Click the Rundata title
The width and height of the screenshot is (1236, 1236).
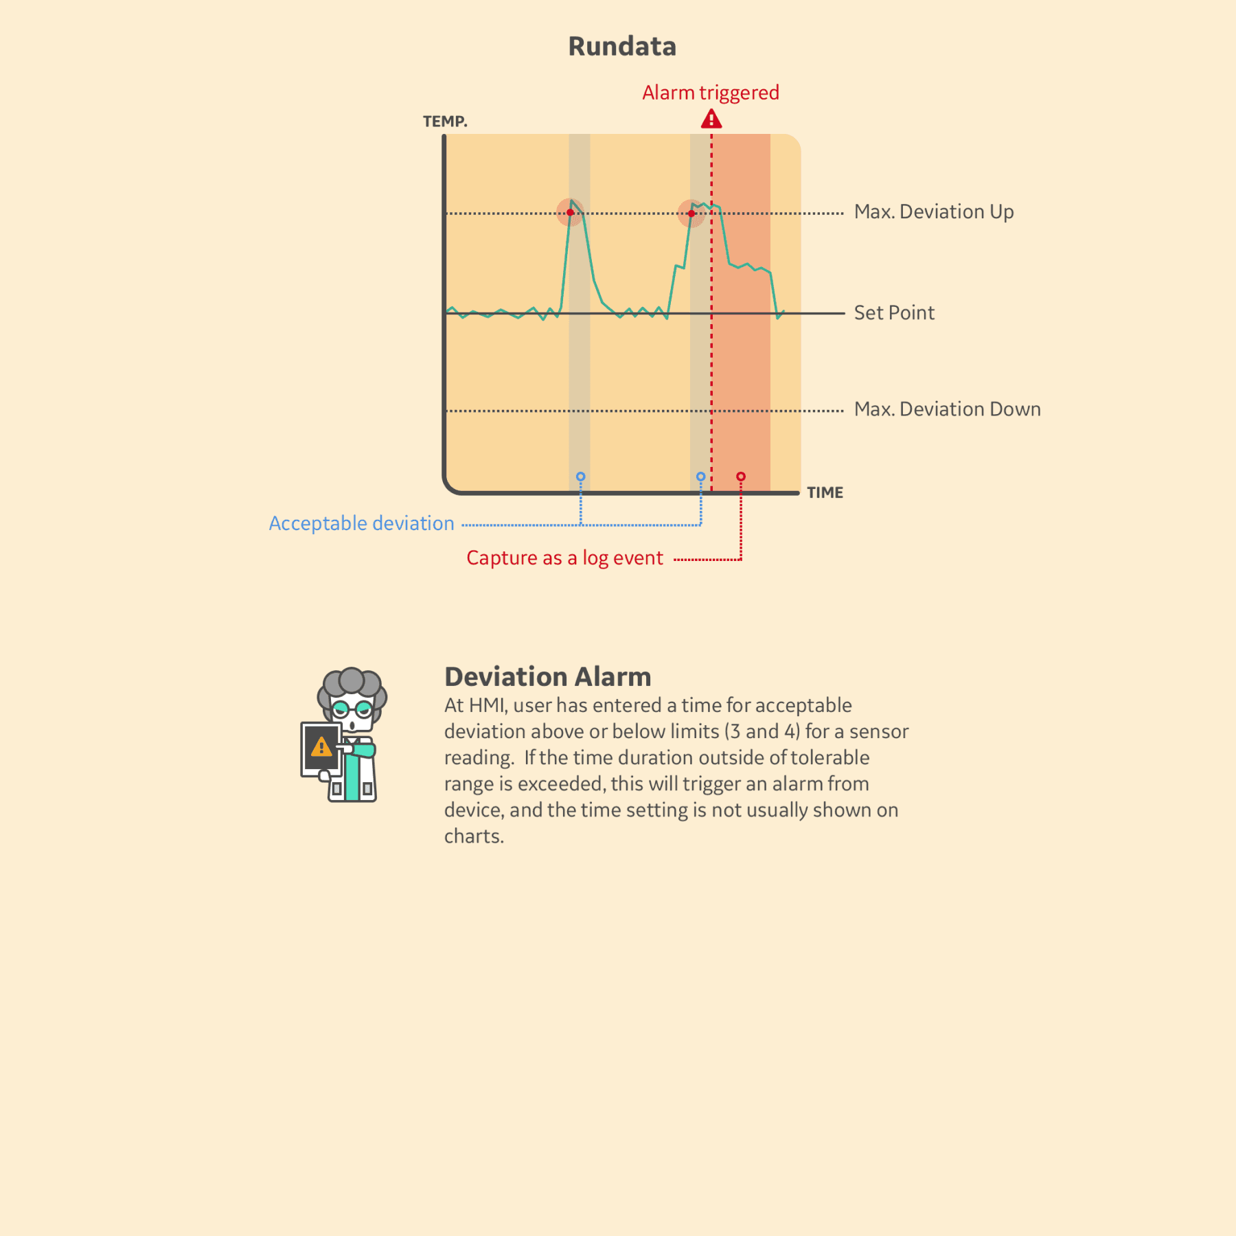[622, 47]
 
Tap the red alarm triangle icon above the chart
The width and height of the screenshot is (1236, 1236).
[711, 119]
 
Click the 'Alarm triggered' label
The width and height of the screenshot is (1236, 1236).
[711, 93]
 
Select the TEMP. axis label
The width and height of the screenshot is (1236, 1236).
[445, 122]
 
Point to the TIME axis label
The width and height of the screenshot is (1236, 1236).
[825, 492]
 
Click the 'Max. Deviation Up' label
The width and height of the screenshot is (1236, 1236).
[934, 212]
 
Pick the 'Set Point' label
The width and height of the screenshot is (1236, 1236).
[894, 313]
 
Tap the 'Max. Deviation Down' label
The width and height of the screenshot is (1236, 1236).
[947, 409]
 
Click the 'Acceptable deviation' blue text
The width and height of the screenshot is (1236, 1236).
[361, 523]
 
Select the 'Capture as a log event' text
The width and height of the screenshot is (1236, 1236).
[564, 558]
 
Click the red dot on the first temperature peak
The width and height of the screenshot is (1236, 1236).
[570, 213]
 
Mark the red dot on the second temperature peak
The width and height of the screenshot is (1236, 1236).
[691, 214]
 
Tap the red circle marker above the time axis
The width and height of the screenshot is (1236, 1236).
[741, 477]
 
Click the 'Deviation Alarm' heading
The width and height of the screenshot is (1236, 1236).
[547, 677]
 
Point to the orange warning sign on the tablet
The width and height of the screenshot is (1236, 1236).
[321, 746]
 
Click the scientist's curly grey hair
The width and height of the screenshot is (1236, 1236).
[352, 683]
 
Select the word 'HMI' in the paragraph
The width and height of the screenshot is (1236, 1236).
[487, 706]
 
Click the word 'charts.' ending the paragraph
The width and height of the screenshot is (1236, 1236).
[474, 836]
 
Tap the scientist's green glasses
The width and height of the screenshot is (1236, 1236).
[352, 708]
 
